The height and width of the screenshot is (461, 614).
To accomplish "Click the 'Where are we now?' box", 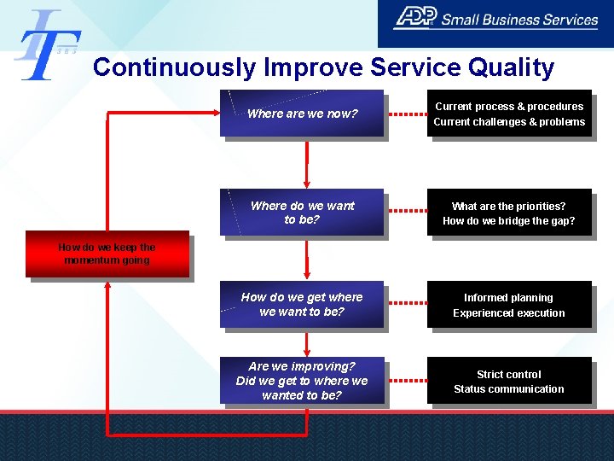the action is (x=302, y=114).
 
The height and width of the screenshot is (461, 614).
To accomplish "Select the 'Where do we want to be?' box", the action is (x=302, y=213).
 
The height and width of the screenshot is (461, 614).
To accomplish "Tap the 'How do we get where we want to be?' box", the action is (x=302, y=305).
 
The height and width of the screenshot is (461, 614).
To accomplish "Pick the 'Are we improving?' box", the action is (x=302, y=381).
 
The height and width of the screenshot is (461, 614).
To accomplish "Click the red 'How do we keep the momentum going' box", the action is (x=107, y=254).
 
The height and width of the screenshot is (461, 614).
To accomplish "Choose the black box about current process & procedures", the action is (x=509, y=114).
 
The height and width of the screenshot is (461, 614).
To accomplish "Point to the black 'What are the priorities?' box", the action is (x=509, y=213).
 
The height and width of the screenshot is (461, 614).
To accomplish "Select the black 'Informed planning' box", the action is (x=509, y=305).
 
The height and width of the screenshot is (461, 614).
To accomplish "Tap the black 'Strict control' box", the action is (x=509, y=381).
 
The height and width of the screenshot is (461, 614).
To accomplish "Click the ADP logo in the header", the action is (x=415, y=17).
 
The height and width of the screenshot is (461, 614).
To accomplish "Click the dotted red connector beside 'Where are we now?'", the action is (x=405, y=114).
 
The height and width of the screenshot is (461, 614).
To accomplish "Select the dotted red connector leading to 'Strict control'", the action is (x=405, y=381).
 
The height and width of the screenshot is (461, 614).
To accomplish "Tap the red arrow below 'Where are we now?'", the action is (x=306, y=162).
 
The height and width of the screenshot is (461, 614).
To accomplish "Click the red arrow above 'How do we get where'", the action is (x=306, y=260).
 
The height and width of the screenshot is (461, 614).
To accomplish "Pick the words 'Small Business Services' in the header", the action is (x=520, y=19).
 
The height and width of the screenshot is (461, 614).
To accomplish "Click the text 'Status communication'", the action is (x=509, y=389).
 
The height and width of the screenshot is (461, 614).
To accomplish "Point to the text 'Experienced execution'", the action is (x=509, y=313).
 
